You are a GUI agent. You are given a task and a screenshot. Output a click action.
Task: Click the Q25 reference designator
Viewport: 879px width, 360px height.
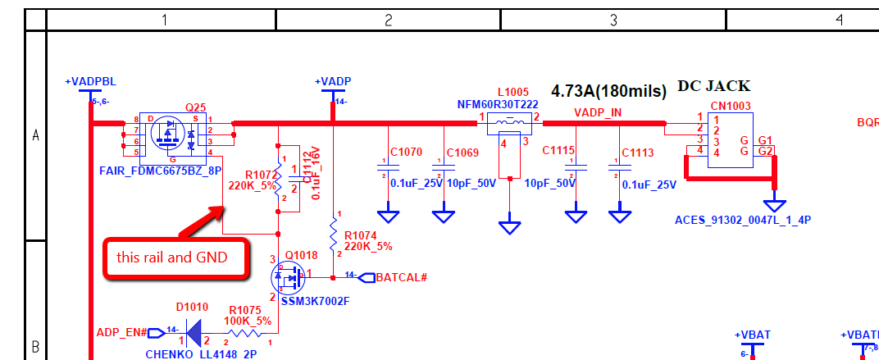tap(195, 107)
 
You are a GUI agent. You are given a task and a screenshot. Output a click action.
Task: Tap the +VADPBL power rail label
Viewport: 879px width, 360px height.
tap(90, 82)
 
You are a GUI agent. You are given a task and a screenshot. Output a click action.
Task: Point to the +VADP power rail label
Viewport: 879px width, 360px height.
tap(333, 81)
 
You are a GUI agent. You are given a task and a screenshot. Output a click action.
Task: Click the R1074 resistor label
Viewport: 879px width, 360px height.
tap(362, 235)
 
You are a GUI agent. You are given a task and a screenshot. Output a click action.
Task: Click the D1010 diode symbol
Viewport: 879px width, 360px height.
tap(194, 332)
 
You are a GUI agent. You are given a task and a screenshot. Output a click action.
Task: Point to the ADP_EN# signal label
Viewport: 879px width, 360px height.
tap(121, 332)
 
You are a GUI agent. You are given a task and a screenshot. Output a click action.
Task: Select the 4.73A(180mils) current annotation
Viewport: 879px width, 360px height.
tap(608, 91)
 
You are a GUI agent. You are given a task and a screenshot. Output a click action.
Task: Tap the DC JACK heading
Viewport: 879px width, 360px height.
tap(713, 86)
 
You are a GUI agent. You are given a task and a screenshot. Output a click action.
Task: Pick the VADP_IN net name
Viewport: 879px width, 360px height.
tap(598, 112)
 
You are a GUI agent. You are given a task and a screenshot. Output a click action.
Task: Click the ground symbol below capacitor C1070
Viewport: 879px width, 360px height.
tap(392, 216)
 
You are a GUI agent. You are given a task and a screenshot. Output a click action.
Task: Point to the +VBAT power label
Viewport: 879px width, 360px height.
tap(752, 336)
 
